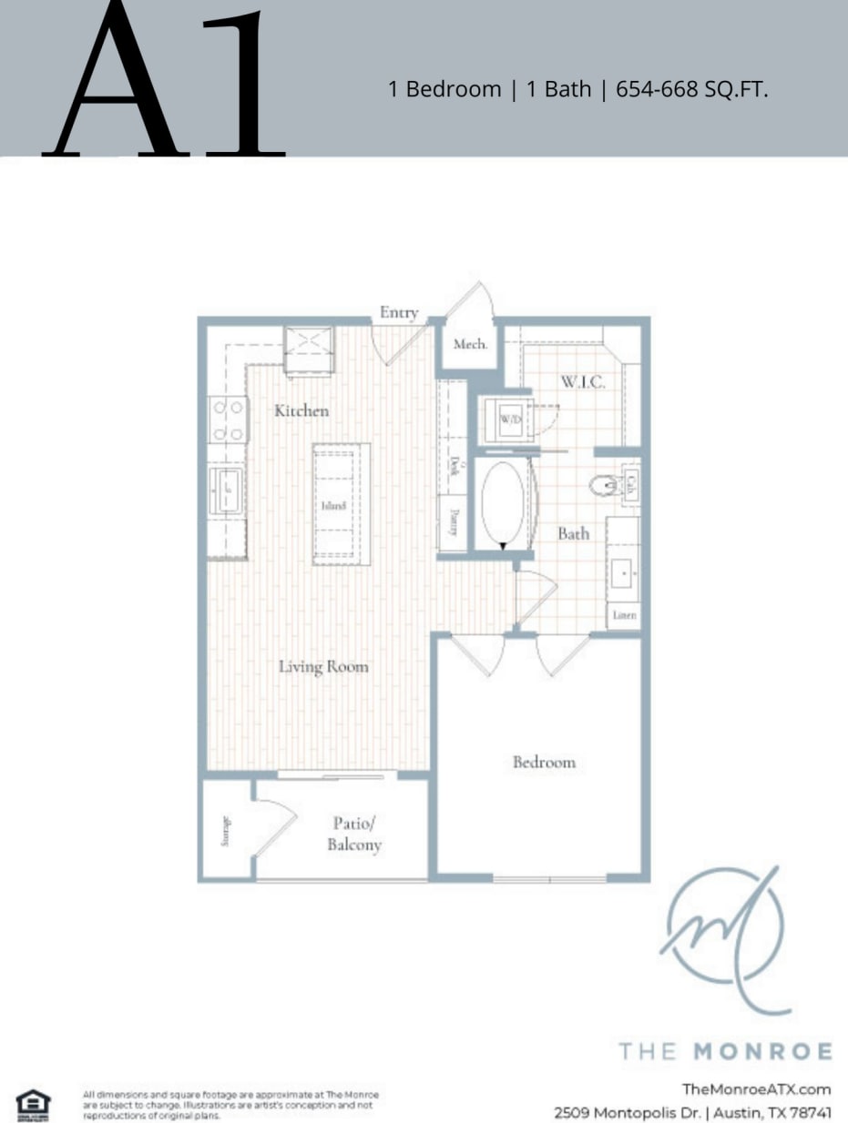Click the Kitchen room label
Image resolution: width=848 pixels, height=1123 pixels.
[301, 411]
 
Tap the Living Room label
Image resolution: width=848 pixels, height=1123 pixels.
[323, 667]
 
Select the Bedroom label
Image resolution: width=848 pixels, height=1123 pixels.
[544, 763]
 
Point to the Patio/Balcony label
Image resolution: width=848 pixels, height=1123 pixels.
[354, 835]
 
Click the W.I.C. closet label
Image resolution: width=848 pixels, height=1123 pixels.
[583, 382]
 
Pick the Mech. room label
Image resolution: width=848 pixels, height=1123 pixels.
[470, 345]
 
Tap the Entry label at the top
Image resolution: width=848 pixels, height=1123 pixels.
[399, 313]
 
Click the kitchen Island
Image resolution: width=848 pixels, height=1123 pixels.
[341, 504]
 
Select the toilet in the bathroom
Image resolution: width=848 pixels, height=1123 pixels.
[603, 485]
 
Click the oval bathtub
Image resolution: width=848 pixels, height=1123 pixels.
[503, 504]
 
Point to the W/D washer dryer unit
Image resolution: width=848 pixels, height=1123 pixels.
[508, 420]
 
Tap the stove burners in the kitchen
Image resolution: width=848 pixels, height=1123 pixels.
[228, 420]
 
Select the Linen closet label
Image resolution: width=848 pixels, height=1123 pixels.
[624, 616]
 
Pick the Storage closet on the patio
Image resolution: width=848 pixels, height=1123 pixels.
[226, 831]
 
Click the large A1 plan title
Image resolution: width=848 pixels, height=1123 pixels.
[169, 82]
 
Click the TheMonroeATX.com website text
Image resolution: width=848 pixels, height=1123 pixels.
[756, 1089]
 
